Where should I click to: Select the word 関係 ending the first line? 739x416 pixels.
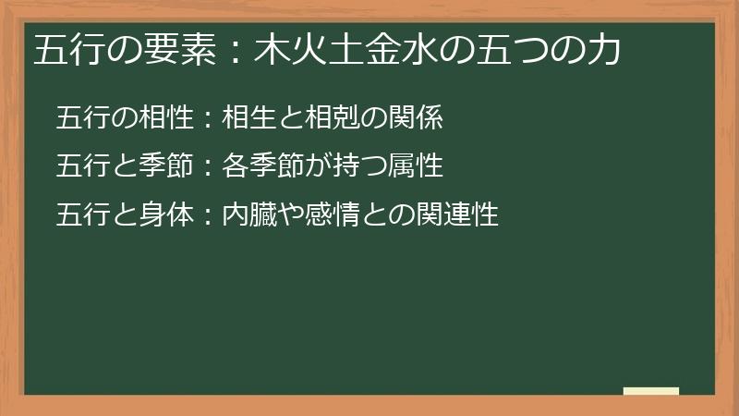(x=421, y=117)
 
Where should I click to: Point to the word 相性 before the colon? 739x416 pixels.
(x=168, y=117)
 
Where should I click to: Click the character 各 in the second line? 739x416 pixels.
(x=234, y=166)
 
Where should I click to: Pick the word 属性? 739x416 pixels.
(x=421, y=166)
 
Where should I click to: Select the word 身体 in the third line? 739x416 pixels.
(x=168, y=215)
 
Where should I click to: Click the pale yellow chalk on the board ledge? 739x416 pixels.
(x=650, y=391)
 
